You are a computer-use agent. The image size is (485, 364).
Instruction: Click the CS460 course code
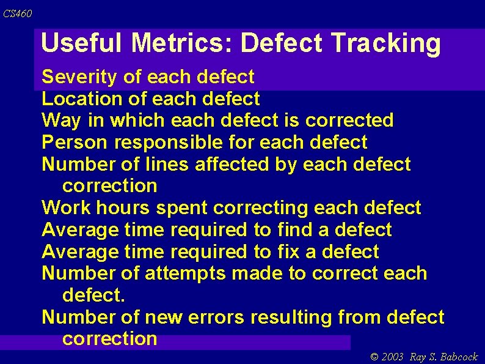pyautogui.click(x=18, y=13)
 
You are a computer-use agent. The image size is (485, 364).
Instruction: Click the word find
pyautogui.click(x=294, y=230)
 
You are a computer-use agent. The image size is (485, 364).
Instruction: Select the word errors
pyautogui.click(x=216, y=318)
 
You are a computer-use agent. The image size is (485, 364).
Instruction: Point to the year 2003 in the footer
pyautogui.click(x=393, y=357)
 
